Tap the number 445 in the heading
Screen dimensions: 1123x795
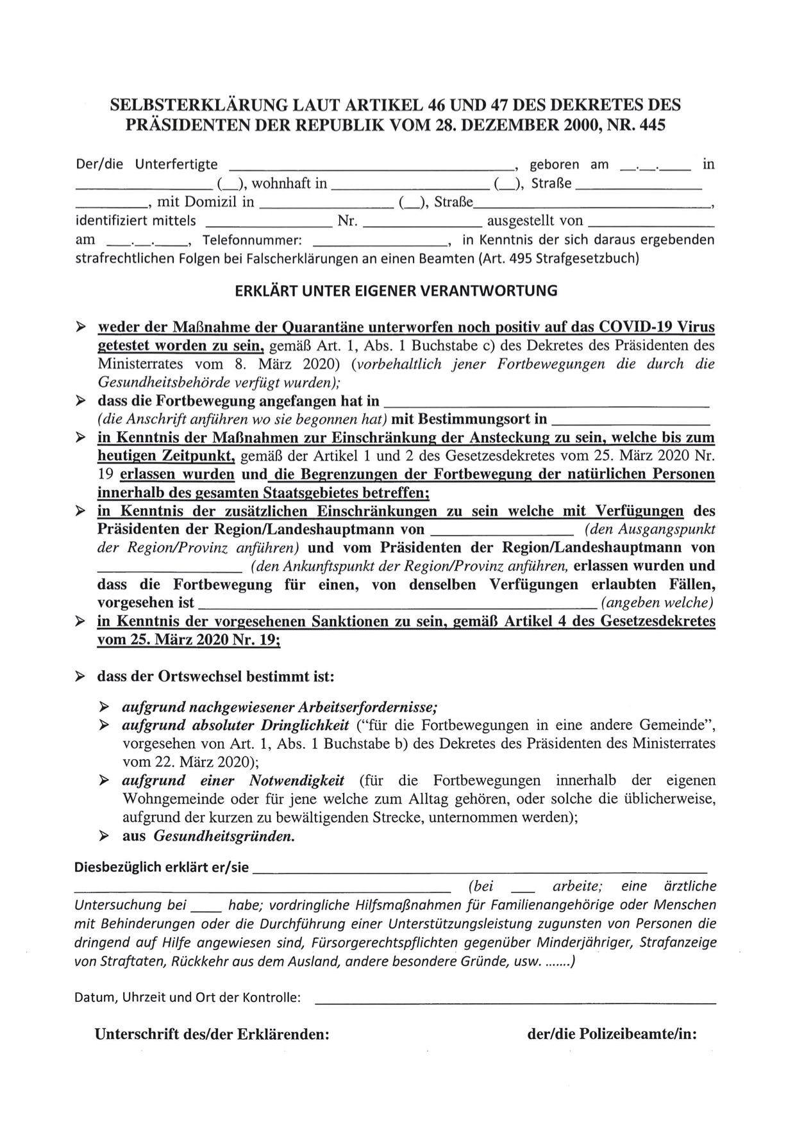tap(652, 124)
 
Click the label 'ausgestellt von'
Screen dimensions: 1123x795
tap(535, 221)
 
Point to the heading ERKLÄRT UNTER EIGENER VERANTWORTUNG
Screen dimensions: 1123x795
tap(396, 291)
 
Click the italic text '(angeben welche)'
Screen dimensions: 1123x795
tap(657, 603)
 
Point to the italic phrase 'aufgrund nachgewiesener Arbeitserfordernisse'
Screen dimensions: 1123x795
tap(280, 707)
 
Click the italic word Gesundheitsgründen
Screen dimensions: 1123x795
tap(224, 836)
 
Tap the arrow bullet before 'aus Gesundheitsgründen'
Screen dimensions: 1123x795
tap(104, 836)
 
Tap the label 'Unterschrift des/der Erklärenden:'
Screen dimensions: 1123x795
tap(212, 1034)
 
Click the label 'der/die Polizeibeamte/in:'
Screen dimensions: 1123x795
tap(612, 1034)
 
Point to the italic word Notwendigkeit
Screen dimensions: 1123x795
tap(296, 780)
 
